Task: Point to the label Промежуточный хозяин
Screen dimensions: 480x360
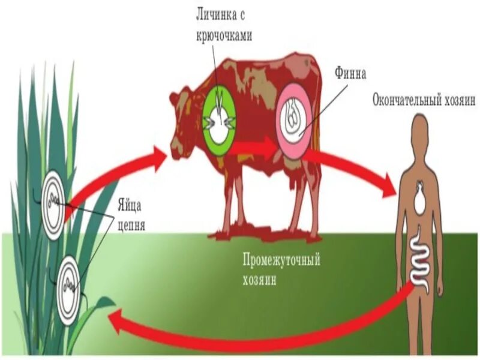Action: (x=281, y=269)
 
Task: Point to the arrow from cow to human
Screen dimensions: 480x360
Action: (x=354, y=168)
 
